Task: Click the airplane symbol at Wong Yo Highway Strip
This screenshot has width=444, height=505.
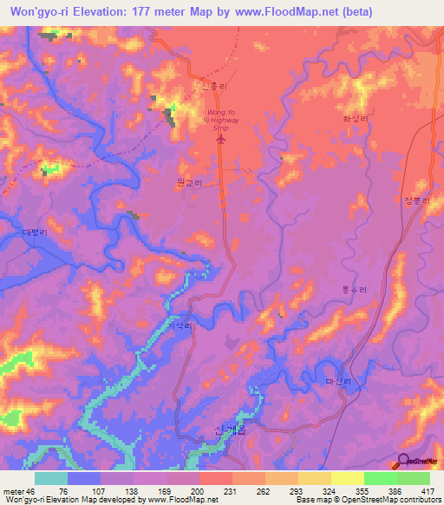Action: [x=219, y=137]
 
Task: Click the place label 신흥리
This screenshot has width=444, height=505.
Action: [x=212, y=88]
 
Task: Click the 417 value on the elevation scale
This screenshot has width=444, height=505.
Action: [x=428, y=490]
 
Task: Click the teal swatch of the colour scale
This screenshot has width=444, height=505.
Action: [x=51, y=478]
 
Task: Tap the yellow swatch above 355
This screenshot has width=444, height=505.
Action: [x=347, y=478]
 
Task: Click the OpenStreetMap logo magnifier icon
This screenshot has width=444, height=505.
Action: [x=405, y=460]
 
